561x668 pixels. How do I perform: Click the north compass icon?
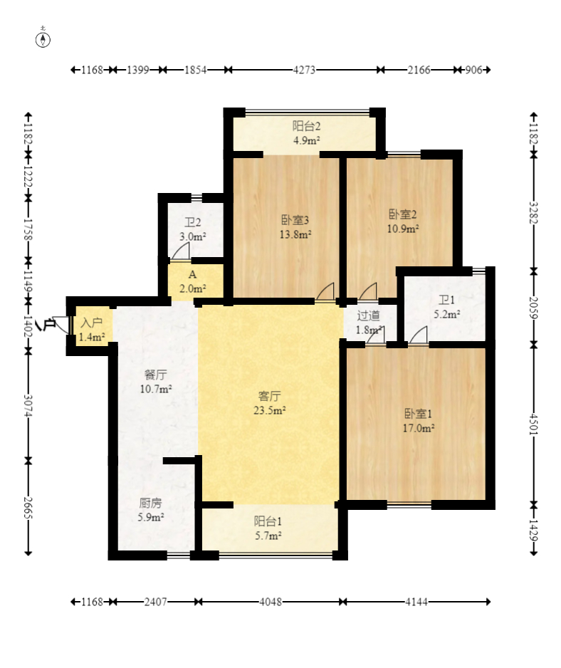(43, 39)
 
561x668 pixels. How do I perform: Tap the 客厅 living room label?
(269, 396)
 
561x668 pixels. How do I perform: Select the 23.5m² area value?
(269, 410)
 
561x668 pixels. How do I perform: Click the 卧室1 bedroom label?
(418, 413)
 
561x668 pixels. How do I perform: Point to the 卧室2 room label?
(402, 214)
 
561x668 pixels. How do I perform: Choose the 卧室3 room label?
(295, 220)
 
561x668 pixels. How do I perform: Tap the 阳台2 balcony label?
(306, 125)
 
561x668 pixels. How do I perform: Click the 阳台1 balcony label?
(268, 521)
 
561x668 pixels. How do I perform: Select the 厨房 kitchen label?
(150, 503)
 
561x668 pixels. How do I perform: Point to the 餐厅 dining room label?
(155, 375)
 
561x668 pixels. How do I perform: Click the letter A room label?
(192, 274)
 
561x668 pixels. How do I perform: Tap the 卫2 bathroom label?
(192, 222)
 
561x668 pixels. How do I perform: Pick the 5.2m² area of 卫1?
(446, 314)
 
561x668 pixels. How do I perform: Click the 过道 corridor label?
(369, 315)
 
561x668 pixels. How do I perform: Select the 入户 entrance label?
(92, 323)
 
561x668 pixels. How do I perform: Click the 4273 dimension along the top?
(304, 70)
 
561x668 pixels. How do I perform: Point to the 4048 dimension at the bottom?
(271, 602)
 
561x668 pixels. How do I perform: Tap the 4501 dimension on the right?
(534, 424)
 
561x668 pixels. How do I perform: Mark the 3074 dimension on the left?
(28, 406)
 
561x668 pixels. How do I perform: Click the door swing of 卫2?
(181, 253)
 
